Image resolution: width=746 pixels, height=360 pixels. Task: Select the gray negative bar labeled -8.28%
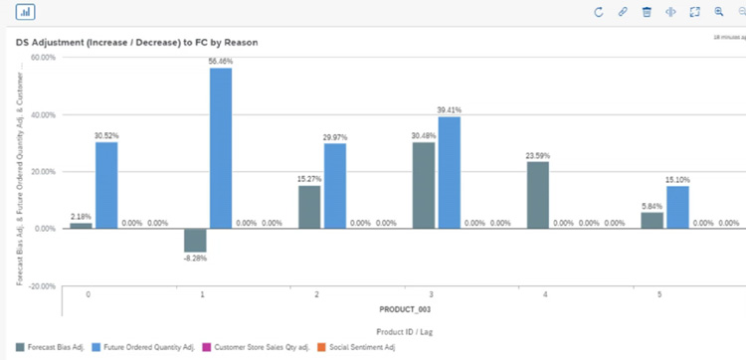point(195,240)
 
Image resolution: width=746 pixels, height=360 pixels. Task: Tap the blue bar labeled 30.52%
point(107,185)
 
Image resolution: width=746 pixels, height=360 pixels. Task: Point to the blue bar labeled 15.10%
point(678,207)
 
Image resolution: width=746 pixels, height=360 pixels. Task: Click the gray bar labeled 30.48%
point(424,185)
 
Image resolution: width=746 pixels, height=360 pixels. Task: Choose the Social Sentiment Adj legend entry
point(362,346)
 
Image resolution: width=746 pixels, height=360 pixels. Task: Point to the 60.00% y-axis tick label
point(42,58)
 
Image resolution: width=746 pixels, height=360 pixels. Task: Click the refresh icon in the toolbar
point(599,12)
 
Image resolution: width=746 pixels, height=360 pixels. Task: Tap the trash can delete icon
point(647,12)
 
